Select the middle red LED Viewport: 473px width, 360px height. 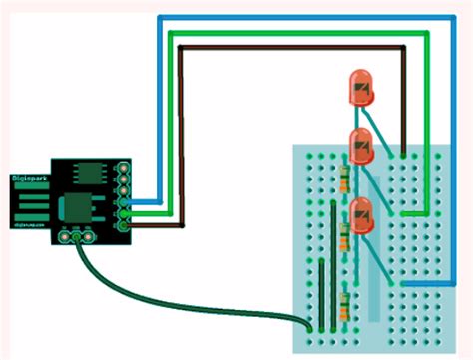(361, 146)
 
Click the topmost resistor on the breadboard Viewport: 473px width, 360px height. (344, 180)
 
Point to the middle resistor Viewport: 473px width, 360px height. (344, 237)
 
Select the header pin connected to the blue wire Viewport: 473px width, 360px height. (124, 200)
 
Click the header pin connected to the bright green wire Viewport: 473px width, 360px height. (124, 212)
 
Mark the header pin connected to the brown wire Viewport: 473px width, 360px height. (124, 224)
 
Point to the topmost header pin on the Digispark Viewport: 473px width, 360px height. (124, 165)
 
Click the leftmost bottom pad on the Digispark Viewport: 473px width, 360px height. (64, 237)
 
